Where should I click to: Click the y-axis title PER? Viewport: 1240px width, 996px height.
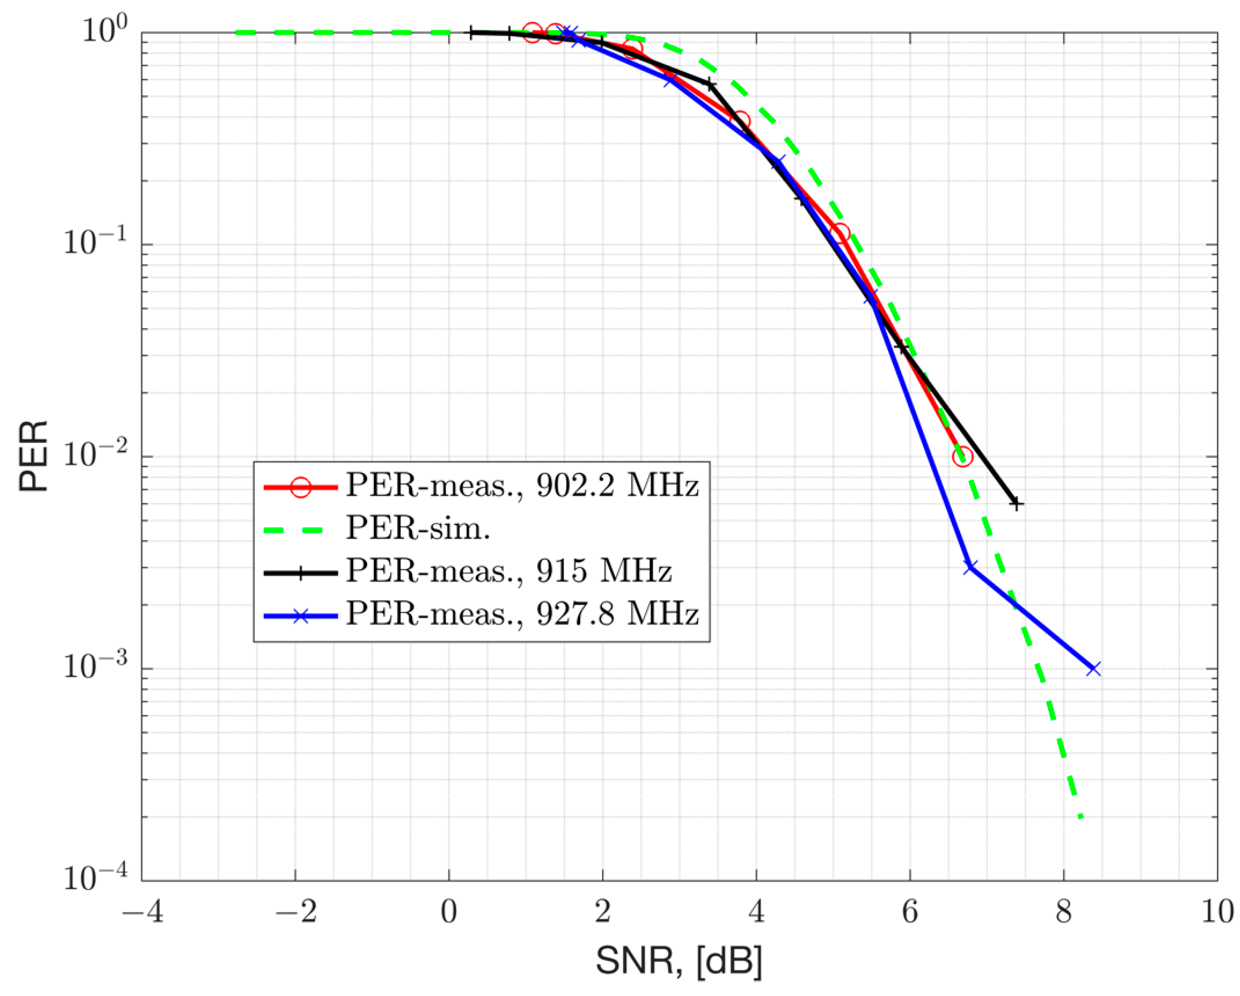click(33, 456)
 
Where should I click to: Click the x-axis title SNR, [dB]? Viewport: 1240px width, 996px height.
click(679, 960)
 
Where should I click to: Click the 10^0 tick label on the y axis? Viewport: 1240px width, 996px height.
click(104, 30)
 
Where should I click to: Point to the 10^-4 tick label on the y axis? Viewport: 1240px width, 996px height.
click(95, 879)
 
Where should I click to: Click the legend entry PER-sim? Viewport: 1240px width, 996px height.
click(418, 528)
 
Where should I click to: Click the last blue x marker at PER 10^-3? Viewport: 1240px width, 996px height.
click(1094, 669)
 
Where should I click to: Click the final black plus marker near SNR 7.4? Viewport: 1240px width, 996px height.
click(1016, 504)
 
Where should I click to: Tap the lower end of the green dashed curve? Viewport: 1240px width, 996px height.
click(1081, 817)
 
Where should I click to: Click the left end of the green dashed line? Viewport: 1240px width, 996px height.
click(237, 33)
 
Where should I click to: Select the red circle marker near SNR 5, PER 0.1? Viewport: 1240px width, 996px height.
click(840, 233)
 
